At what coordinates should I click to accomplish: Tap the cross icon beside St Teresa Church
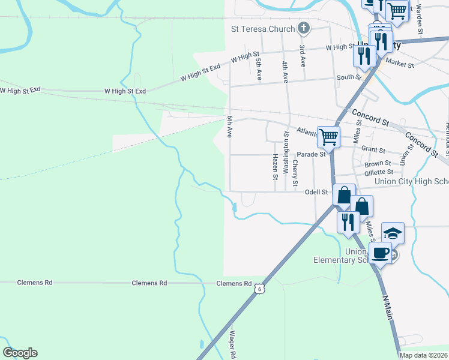click(x=304, y=28)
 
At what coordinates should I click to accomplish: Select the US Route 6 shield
click(x=259, y=289)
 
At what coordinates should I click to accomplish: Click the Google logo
click(x=20, y=353)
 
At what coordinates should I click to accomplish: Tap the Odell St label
click(x=316, y=192)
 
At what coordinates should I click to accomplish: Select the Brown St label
click(x=378, y=163)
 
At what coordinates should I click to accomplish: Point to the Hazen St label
click(x=275, y=166)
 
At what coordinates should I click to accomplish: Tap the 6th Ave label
click(x=229, y=127)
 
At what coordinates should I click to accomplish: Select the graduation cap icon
click(x=393, y=233)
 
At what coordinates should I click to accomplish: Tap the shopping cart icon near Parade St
click(x=328, y=136)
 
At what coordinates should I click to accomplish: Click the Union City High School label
click(x=411, y=182)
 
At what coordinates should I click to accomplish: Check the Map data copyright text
click(x=424, y=355)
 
